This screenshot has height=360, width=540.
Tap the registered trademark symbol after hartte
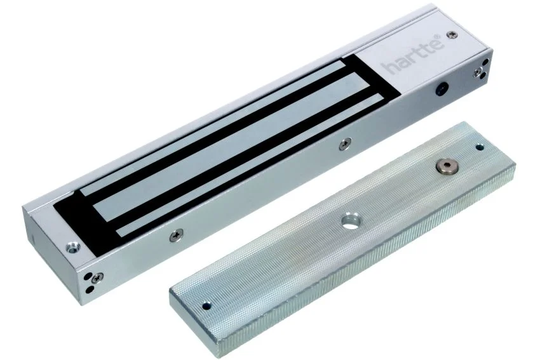pos(437,36)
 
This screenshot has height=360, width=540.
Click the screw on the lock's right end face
pos(478,71)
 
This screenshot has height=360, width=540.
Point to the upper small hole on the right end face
pos(485,63)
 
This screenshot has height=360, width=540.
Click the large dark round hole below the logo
pos(442,88)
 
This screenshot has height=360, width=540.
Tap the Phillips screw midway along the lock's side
pos(344,143)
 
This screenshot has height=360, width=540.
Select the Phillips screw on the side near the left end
pos(177,236)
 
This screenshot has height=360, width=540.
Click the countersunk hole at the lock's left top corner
pos(72,248)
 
